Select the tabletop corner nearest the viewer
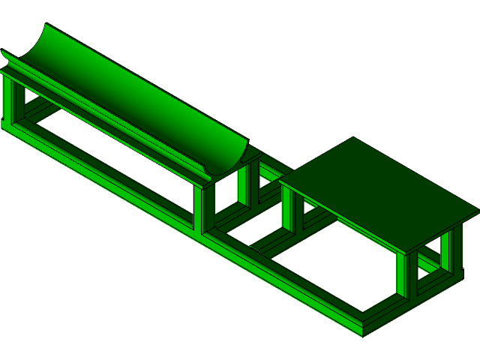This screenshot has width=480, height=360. coord(406,252)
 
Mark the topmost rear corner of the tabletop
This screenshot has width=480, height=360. coord(352,137)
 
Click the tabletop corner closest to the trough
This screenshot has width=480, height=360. coord(280,180)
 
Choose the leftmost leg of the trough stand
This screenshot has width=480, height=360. coord(8,101)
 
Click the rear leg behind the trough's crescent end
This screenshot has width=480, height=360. coord(243,184)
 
